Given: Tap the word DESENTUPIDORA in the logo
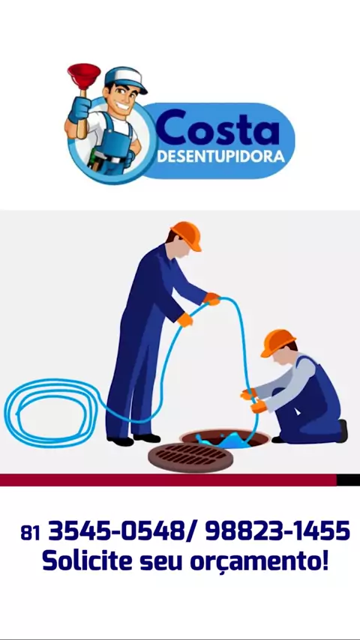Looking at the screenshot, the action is click(220, 157).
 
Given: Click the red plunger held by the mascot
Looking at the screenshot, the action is click(84, 76).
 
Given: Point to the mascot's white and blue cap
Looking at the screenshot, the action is click(125, 79).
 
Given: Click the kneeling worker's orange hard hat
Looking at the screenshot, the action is click(277, 342).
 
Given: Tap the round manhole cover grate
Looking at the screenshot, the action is click(190, 458).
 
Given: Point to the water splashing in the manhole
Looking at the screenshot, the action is click(223, 440).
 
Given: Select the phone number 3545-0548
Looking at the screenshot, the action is click(117, 531).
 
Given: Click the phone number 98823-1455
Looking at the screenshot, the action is click(277, 531).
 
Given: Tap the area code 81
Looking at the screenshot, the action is click(30, 533).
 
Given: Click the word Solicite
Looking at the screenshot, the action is click(88, 561).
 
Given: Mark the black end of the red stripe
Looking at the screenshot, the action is click(348, 480).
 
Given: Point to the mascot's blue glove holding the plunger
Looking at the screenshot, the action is click(79, 109).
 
